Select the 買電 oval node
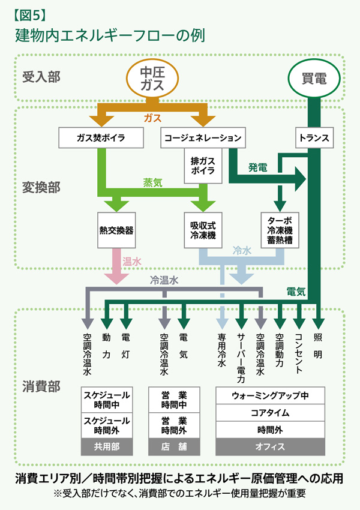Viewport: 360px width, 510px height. [x=314, y=78]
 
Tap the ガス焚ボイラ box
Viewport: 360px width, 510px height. [x=101, y=138]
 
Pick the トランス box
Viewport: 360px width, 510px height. [x=314, y=138]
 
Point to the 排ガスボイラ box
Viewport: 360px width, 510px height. [x=203, y=166]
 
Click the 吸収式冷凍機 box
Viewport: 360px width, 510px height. [x=203, y=229]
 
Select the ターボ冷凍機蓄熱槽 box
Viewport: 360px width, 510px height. [x=280, y=229]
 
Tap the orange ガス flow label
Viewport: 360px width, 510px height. [x=152, y=118]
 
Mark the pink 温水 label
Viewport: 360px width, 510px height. [x=132, y=262]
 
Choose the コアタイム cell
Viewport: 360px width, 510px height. [x=270, y=413]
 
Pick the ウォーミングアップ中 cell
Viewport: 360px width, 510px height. [x=270, y=396]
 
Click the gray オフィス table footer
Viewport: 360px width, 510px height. [x=270, y=446]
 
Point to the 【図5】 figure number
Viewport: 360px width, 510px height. [x=29, y=13]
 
